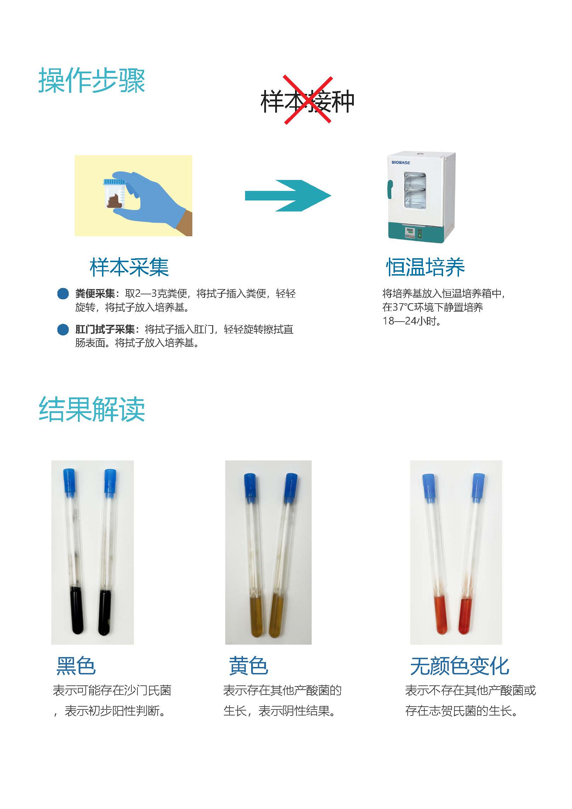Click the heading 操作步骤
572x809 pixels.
click(92, 80)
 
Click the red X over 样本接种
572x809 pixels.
click(308, 100)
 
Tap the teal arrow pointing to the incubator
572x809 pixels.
click(288, 196)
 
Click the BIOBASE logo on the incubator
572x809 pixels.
click(401, 163)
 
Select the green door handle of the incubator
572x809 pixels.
click(390, 189)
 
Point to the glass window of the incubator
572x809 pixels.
click(415, 190)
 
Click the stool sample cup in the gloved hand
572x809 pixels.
click(114, 194)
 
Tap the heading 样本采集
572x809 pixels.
click(129, 267)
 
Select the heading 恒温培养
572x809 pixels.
click(425, 267)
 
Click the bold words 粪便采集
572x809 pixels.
click(95, 294)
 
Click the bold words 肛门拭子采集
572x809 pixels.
click(105, 329)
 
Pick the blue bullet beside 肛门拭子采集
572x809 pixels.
click(63, 329)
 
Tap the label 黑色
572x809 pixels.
click(76, 666)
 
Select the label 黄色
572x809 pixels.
click(249, 666)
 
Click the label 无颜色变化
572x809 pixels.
click(460, 666)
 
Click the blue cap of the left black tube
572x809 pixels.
click(70, 481)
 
